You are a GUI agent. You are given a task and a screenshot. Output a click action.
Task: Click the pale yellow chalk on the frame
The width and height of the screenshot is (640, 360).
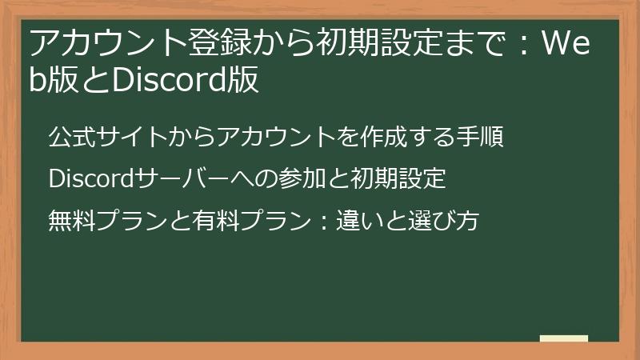563,338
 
